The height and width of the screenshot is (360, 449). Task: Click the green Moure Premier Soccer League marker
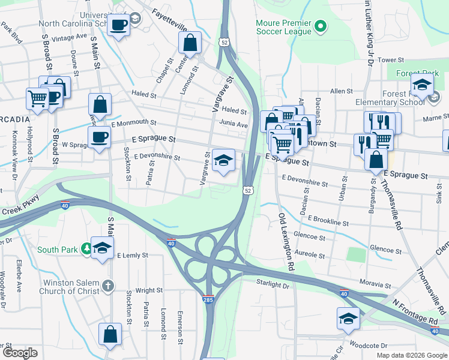click(x=320, y=25)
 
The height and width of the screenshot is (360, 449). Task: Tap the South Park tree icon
click(x=86, y=248)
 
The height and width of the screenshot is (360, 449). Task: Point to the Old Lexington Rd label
click(x=284, y=239)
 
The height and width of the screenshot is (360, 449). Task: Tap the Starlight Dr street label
click(x=273, y=286)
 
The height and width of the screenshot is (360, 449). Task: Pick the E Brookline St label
click(x=328, y=222)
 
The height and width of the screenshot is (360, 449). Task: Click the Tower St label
click(x=390, y=60)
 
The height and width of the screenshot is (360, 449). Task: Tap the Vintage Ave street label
click(x=70, y=37)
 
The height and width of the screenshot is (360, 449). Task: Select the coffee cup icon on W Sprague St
click(x=99, y=137)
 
